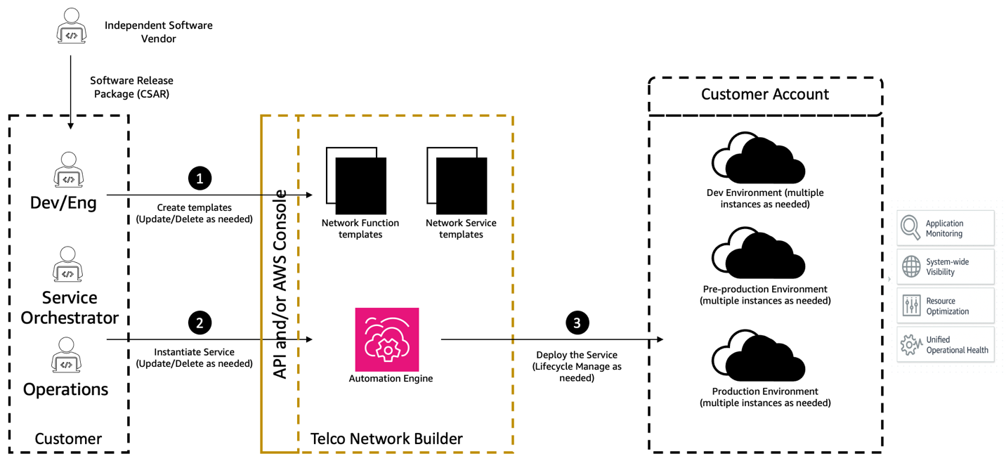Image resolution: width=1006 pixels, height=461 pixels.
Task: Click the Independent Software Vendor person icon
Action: pyautogui.click(x=71, y=27)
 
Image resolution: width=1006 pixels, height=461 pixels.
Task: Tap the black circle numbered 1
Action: pyautogui.click(x=200, y=178)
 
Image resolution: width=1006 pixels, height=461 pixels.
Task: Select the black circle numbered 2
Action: pyautogui.click(x=200, y=323)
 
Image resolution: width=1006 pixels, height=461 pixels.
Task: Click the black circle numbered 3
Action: pyautogui.click(x=577, y=323)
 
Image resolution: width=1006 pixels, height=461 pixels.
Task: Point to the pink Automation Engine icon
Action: pyautogui.click(x=387, y=339)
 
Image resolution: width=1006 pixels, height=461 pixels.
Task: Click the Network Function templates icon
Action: pyautogui.click(x=356, y=181)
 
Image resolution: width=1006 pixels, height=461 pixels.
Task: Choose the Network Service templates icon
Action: pyautogui.click(x=457, y=181)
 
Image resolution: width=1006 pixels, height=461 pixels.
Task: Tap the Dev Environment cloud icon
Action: pyautogui.click(x=759, y=158)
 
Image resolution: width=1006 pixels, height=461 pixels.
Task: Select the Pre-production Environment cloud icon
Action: pyautogui.click(x=759, y=254)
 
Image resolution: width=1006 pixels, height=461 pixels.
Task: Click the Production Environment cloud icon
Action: pyautogui.click(x=759, y=356)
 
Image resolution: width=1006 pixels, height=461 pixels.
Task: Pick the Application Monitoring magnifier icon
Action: pyautogui.click(x=911, y=228)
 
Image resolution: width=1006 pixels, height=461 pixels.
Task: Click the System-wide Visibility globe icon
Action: pyautogui.click(x=911, y=267)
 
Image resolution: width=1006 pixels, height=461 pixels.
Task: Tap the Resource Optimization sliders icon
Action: pyautogui.click(x=911, y=306)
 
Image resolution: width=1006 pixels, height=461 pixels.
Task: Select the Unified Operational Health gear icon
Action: pyautogui.click(x=911, y=344)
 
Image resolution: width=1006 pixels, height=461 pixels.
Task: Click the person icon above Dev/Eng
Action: pyautogui.click(x=68, y=170)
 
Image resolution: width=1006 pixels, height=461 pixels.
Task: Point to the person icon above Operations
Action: pyautogui.click(x=66, y=355)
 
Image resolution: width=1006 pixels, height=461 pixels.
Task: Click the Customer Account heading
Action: pyautogui.click(x=764, y=94)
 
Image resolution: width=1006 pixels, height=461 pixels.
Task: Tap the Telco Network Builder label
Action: pyautogui.click(x=386, y=439)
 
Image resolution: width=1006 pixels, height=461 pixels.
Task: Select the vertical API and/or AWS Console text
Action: pyautogui.click(x=280, y=284)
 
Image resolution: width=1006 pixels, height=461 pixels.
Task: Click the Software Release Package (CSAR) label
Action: pyautogui.click(x=131, y=87)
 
